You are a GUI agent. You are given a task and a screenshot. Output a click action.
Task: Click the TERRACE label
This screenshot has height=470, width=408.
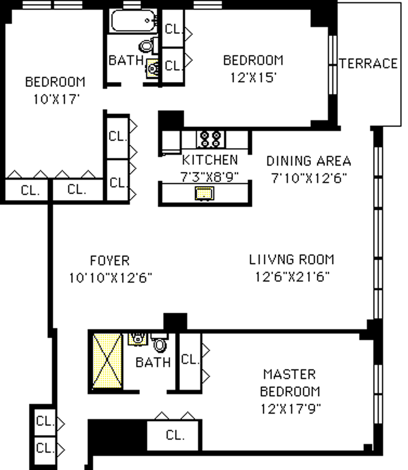coord(368,64)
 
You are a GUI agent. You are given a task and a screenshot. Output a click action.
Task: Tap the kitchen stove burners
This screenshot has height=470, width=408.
coord(210,139)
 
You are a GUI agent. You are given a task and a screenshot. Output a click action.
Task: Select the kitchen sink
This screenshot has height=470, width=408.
coord(204,193)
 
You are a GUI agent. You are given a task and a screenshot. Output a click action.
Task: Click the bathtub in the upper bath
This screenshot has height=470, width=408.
coord(134,21)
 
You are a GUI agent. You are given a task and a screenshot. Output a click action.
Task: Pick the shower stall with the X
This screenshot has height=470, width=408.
coord(107,361)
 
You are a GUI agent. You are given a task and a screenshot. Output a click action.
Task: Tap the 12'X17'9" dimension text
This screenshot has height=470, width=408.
coord(290,409)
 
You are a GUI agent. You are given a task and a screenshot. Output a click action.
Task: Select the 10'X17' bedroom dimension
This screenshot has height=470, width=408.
coord(56,99)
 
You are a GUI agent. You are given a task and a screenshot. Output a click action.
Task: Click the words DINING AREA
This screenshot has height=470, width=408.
coord(309,161)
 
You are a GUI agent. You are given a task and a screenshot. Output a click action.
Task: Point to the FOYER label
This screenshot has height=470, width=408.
coord(110,260)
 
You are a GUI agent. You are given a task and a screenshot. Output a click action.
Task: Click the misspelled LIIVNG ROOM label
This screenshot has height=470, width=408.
coord(291,259)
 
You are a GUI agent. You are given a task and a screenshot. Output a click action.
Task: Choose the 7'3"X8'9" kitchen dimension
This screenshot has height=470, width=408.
coord(209,177)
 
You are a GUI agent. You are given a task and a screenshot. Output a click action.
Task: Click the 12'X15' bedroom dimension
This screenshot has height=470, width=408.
coord(253,78)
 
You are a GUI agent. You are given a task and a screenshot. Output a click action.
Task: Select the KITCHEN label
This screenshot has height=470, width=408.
coord(210,160)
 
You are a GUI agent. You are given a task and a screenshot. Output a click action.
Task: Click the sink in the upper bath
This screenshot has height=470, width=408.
coord(152,68)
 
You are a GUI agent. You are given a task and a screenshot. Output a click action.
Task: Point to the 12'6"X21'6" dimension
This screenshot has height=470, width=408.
coord(292,277)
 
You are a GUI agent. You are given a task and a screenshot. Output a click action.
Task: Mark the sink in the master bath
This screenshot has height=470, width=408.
coord(138,339)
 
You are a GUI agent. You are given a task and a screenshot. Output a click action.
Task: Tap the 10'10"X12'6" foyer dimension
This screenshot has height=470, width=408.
coord(110,278)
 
